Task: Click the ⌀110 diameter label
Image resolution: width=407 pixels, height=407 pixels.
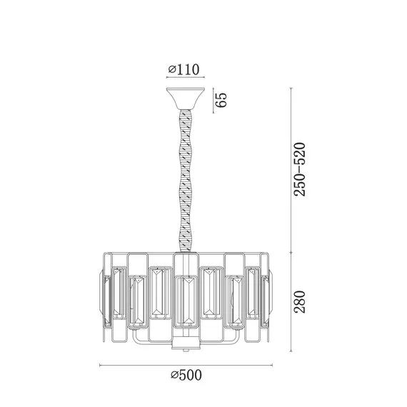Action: pyautogui.click(x=184, y=70)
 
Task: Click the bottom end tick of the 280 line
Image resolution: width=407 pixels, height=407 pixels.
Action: pyautogui.click(x=291, y=351)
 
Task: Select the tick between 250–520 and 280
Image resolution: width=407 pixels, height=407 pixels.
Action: pyautogui.click(x=291, y=251)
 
